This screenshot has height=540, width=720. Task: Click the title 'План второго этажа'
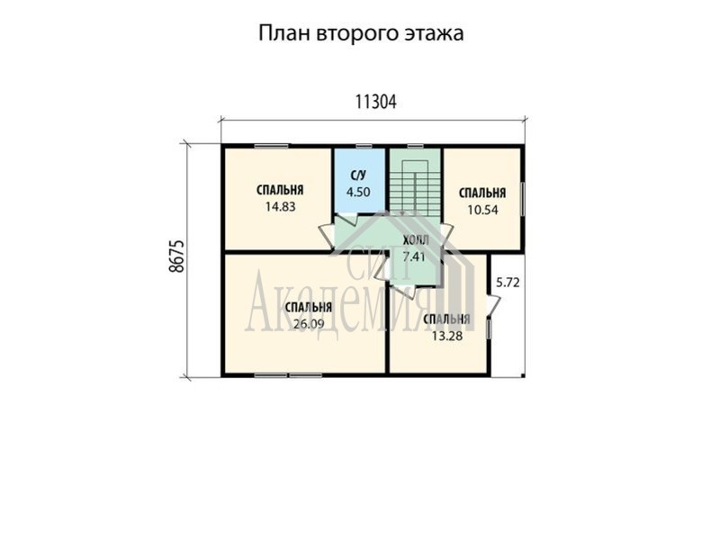361,34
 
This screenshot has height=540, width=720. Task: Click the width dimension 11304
375,102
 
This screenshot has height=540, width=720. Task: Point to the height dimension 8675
176,256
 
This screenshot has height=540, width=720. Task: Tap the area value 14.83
280,207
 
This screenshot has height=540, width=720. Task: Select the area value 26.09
309,324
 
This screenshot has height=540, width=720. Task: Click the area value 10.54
482,210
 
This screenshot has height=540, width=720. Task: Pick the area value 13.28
446,336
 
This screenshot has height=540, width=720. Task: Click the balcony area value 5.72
508,283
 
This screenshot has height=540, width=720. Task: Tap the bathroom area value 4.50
358,192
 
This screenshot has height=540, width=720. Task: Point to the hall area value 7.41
414,256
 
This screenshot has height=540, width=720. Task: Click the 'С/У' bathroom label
358,175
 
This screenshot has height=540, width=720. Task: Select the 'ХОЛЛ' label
416,240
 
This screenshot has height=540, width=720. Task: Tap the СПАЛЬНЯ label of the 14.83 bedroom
280,190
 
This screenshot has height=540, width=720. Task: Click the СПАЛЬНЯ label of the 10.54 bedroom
482,193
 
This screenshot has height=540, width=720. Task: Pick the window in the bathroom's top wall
364,147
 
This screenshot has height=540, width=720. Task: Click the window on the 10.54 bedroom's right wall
523,199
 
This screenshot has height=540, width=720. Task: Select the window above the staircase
416,147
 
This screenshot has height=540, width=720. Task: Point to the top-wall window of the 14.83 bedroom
272,147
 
